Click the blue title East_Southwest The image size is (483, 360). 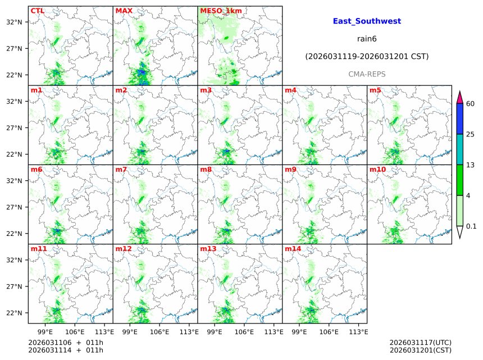[367, 21]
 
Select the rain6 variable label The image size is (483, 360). [367, 39]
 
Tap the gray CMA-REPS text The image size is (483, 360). [367, 74]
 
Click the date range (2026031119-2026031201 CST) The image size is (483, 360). [367, 57]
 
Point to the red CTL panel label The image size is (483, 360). [38, 11]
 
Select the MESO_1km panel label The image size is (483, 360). [221, 11]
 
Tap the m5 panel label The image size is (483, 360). [375, 90]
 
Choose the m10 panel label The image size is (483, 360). [377, 169]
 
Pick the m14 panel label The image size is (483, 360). [293, 248]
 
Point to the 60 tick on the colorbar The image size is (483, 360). [471, 104]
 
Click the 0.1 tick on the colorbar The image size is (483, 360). [472, 226]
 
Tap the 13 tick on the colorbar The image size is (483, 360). [471, 165]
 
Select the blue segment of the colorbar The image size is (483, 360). [459, 119]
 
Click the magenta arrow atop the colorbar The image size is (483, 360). [459, 97]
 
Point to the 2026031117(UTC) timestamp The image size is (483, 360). [420, 343]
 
